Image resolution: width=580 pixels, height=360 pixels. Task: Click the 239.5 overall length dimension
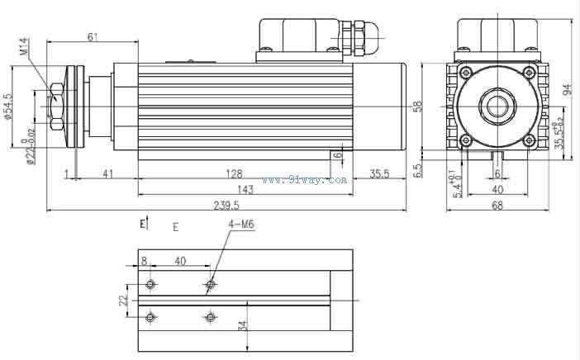tap(225, 206)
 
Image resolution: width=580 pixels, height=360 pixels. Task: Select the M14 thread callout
tap(24, 47)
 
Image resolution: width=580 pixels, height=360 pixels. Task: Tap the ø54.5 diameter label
tap(8, 107)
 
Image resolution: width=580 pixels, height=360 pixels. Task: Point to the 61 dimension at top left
tap(93, 36)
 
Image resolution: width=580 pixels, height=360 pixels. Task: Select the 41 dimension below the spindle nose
tap(107, 174)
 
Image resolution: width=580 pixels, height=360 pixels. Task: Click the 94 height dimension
tap(567, 89)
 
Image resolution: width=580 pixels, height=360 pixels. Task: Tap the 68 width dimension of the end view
tap(497, 206)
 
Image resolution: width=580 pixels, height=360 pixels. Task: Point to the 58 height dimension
tap(418, 106)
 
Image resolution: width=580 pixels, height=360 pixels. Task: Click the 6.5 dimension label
tap(418, 170)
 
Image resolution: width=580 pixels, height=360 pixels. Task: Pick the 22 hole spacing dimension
tap(123, 300)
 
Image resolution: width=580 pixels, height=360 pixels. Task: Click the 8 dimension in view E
tap(145, 260)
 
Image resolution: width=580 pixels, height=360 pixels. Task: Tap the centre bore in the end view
tap(497, 106)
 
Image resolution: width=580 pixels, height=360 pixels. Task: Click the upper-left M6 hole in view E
tap(150, 285)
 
